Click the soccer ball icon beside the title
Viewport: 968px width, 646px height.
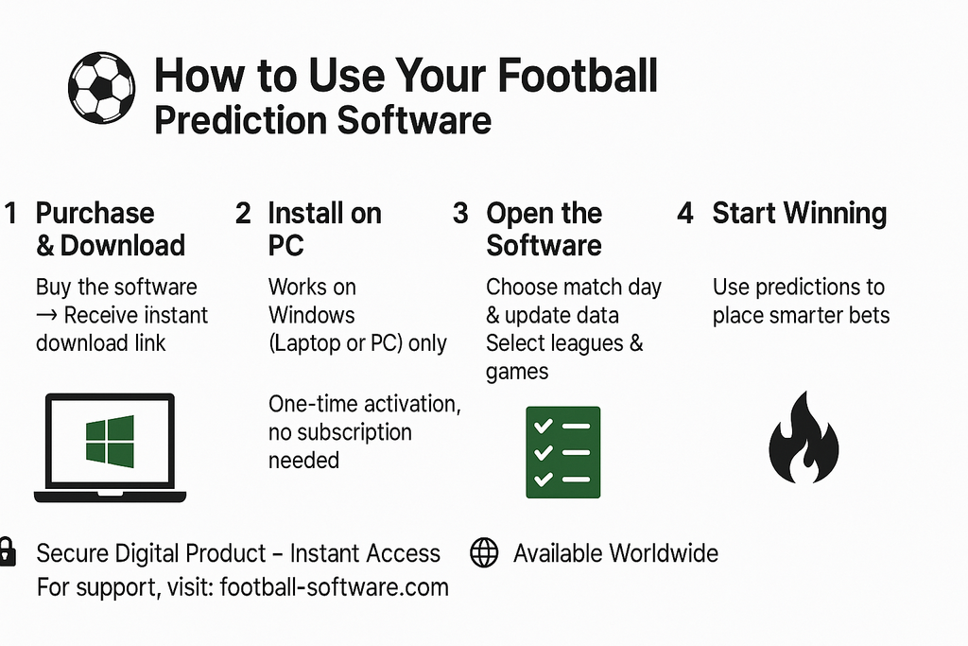[101, 87]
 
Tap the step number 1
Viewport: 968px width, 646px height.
[10, 213]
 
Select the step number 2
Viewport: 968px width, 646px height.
[243, 213]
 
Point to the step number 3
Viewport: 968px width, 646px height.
[460, 213]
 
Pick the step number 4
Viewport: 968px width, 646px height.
[685, 213]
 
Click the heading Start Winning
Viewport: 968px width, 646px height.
[799, 213]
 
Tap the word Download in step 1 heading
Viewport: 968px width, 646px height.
[122, 246]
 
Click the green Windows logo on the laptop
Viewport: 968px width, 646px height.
[110, 441]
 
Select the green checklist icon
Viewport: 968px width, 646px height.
[562, 452]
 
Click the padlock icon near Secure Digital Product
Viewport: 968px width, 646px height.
[7, 551]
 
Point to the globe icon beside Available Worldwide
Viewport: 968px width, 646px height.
[484, 553]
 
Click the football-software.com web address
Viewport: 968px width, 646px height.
[334, 587]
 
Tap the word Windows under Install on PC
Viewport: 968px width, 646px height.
[312, 314]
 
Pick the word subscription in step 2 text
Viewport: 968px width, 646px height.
[354, 432]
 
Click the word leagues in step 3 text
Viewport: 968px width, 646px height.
[582, 342]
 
